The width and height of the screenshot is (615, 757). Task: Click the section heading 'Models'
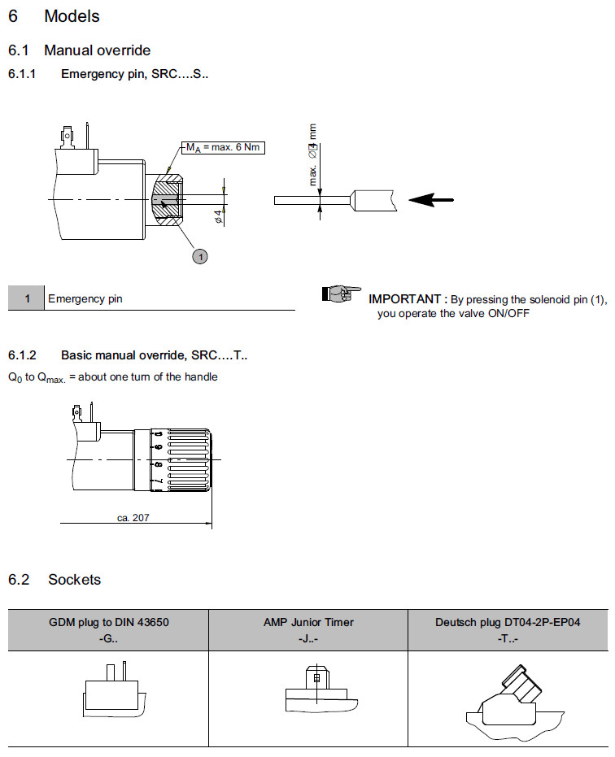[x=72, y=16]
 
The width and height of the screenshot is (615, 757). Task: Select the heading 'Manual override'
[x=97, y=50]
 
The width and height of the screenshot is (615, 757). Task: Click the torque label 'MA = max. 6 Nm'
[x=225, y=147]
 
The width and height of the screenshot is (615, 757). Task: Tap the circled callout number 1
[x=200, y=256]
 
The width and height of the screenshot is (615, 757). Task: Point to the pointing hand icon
[x=341, y=293]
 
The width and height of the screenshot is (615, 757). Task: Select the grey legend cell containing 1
[x=27, y=298]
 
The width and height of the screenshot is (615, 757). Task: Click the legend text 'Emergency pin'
[x=85, y=298]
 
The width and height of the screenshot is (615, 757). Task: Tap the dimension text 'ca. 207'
[x=133, y=517]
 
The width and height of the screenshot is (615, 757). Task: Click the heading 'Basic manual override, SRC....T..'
[x=154, y=355]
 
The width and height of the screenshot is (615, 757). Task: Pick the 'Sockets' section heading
[x=74, y=580]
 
